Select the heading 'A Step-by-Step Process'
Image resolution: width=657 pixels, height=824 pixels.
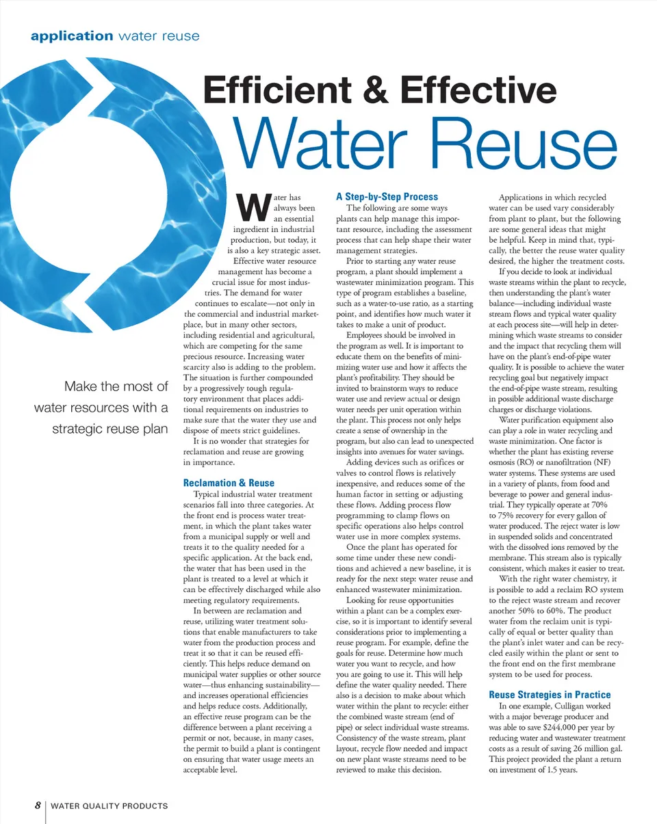point(387,196)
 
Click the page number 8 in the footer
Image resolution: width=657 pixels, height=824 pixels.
point(39,806)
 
